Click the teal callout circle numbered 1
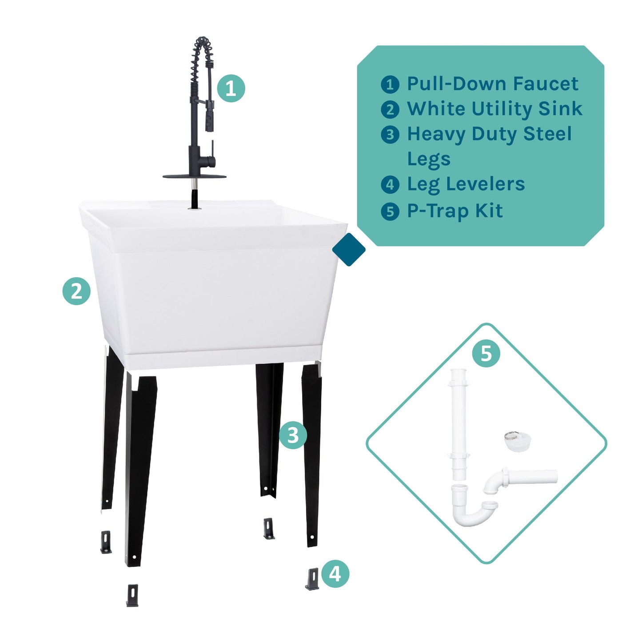pos(231,88)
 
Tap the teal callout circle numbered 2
pos(76,291)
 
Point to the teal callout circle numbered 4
pos(335,573)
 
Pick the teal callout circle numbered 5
pos(486,353)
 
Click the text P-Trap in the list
pos(438,211)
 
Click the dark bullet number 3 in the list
pos(390,134)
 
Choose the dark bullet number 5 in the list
pos(390,211)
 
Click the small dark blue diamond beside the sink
pos(349,250)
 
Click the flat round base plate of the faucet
pos(194,176)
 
